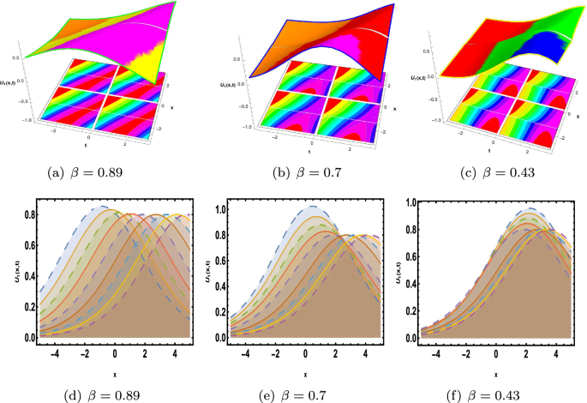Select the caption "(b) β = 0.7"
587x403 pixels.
292,171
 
